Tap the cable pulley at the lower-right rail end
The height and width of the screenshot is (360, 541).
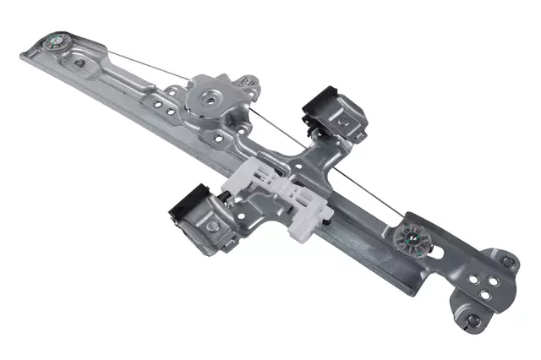(x=414, y=236)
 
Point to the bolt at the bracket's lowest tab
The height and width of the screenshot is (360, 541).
(x=473, y=320)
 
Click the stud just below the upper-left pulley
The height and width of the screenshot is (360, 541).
(x=79, y=63)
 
